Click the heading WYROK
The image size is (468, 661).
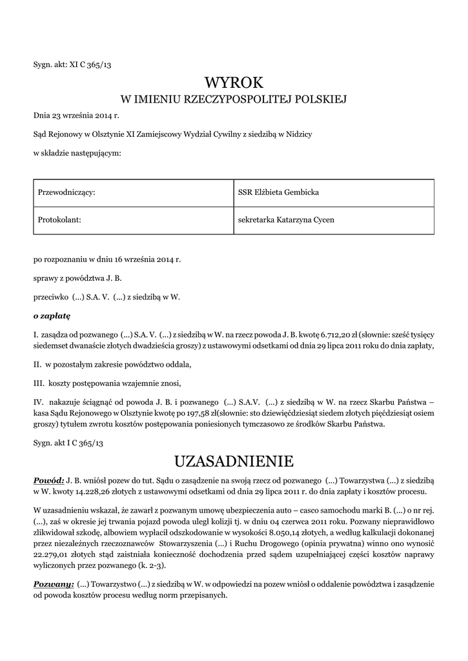tap(234, 83)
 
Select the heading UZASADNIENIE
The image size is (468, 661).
tap(234, 461)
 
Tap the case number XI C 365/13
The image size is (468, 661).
tap(90, 65)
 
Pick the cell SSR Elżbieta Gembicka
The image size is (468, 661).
tap(278, 193)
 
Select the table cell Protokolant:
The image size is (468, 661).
tap(59, 220)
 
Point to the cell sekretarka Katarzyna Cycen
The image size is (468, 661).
tap(286, 220)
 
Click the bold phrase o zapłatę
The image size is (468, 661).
tap(52, 316)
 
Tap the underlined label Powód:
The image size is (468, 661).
tap(48, 481)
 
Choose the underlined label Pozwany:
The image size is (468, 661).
tap(53, 584)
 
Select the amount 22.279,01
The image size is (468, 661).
tap(53, 554)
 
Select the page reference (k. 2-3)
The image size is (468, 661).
tap(152, 565)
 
